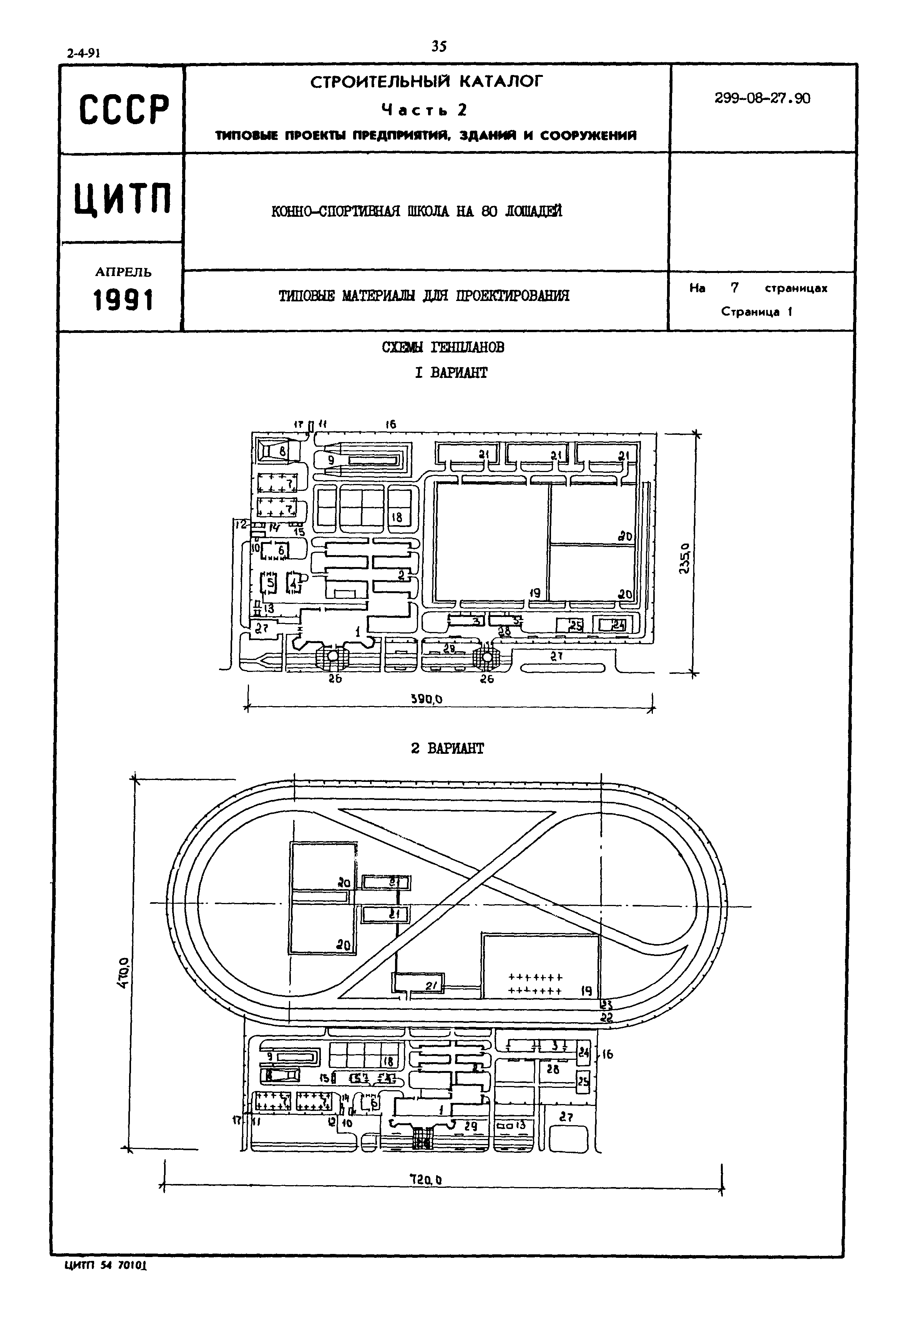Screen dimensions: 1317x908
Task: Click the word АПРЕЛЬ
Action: (123, 272)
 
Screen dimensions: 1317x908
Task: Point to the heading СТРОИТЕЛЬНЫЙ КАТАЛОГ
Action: (427, 82)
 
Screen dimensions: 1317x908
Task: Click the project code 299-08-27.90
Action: (762, 98)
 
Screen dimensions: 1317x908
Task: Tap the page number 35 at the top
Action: (439, 47)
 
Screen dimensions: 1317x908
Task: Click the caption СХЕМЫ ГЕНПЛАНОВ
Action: (443, 347)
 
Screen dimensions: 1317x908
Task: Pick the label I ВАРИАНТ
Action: (451, 373)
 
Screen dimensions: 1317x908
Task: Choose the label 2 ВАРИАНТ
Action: (447, 748)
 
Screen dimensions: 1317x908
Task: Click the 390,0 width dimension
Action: (427, 700)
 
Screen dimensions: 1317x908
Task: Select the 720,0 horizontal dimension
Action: (426, 1181)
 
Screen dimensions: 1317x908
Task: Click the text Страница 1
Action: (757, 312)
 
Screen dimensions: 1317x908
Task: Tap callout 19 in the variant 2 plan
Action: (586, 991)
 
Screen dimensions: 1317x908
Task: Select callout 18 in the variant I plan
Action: (397, 517)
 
